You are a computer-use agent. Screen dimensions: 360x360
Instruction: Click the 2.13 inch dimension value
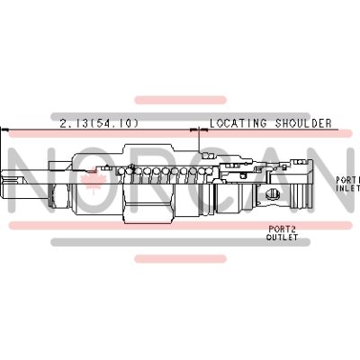click(75, 122)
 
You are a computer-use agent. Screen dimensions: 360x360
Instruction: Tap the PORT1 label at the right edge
click(347, 180)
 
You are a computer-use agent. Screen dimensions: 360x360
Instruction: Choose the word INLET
click(347, 188)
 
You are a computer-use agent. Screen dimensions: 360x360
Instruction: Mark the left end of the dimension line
click(8, 131)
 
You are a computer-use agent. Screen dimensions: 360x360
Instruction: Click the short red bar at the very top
click(180, 99)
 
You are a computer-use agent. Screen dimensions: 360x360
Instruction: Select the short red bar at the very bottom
click(180, 258)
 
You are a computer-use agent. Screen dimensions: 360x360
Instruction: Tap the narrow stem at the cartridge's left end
click(22, 185)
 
